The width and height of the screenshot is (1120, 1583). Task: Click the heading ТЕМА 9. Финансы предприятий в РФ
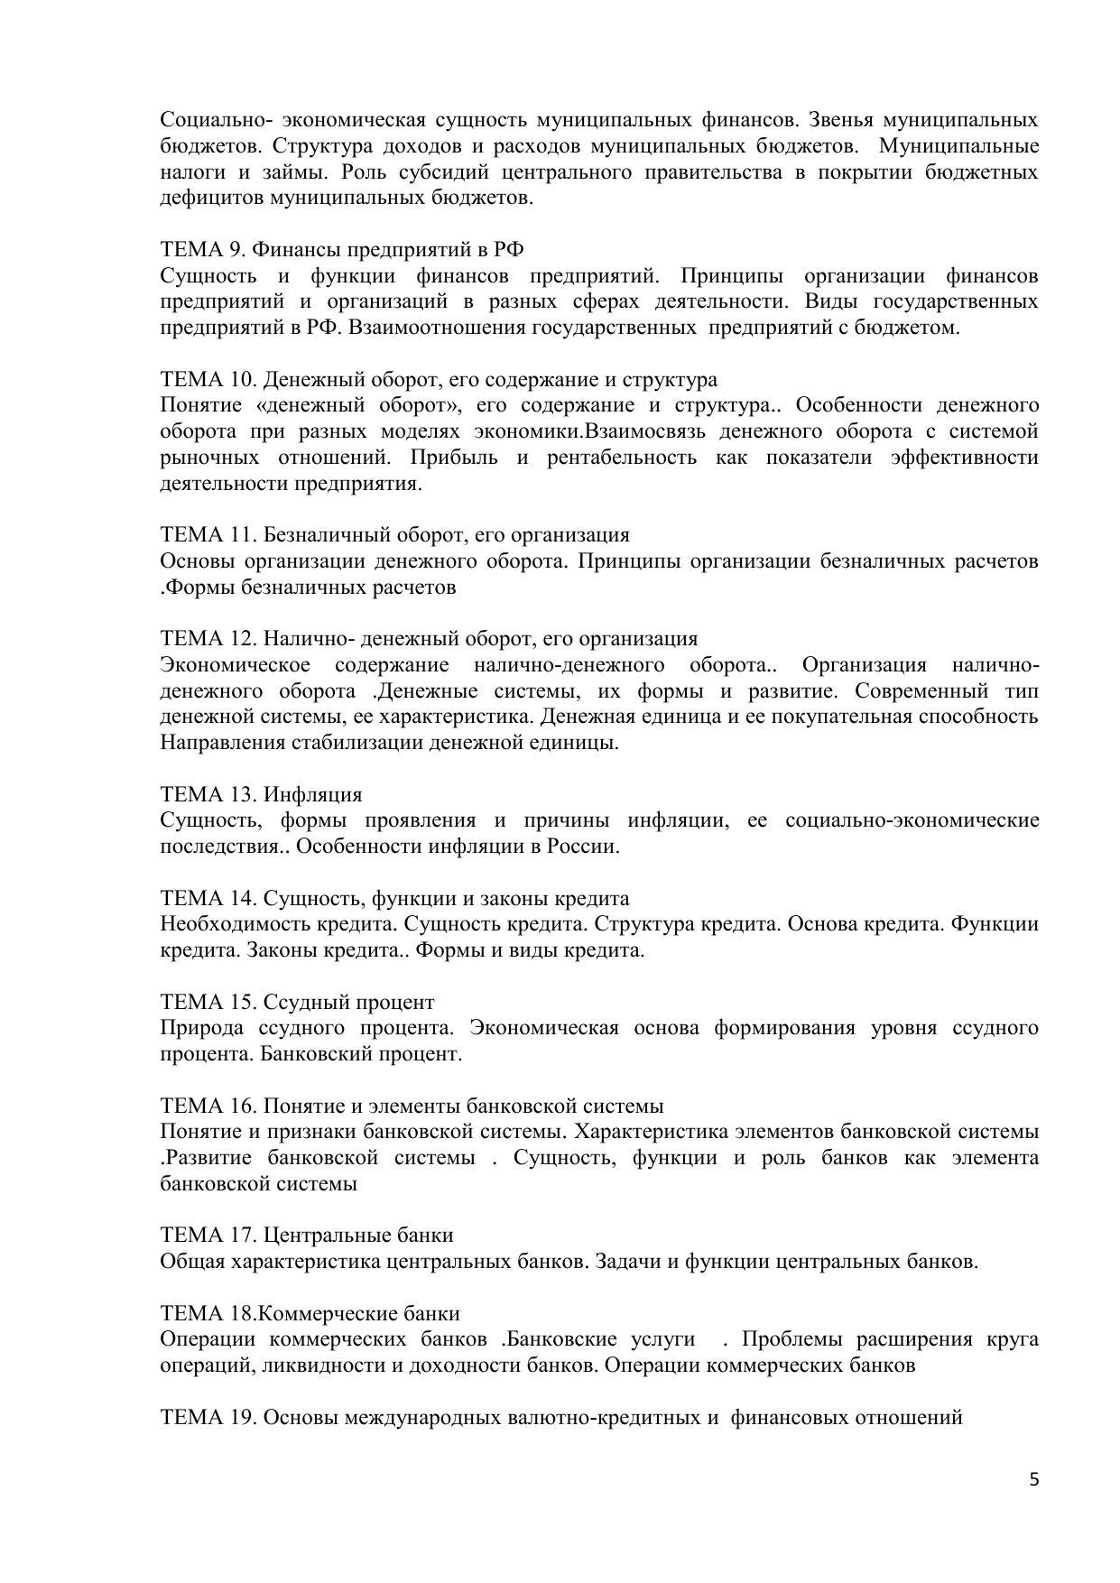(x=342, y=250)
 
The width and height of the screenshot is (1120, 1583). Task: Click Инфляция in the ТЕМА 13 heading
(x=312, y=795)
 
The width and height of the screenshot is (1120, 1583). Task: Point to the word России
(x=584, y=847)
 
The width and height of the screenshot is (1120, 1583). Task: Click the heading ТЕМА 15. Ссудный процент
(x=297, y=1003)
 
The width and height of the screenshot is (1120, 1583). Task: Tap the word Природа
(x=201, y=1029)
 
